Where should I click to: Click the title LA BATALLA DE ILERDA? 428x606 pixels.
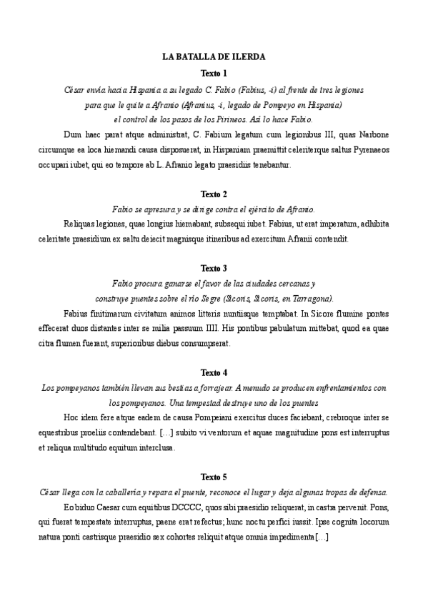coord(214,56)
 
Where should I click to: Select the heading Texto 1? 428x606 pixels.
coord(214,74)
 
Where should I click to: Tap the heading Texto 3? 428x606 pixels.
coord(214,268)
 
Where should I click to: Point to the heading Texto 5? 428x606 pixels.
coord(214,476)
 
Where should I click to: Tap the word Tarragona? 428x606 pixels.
coord(309,298)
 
